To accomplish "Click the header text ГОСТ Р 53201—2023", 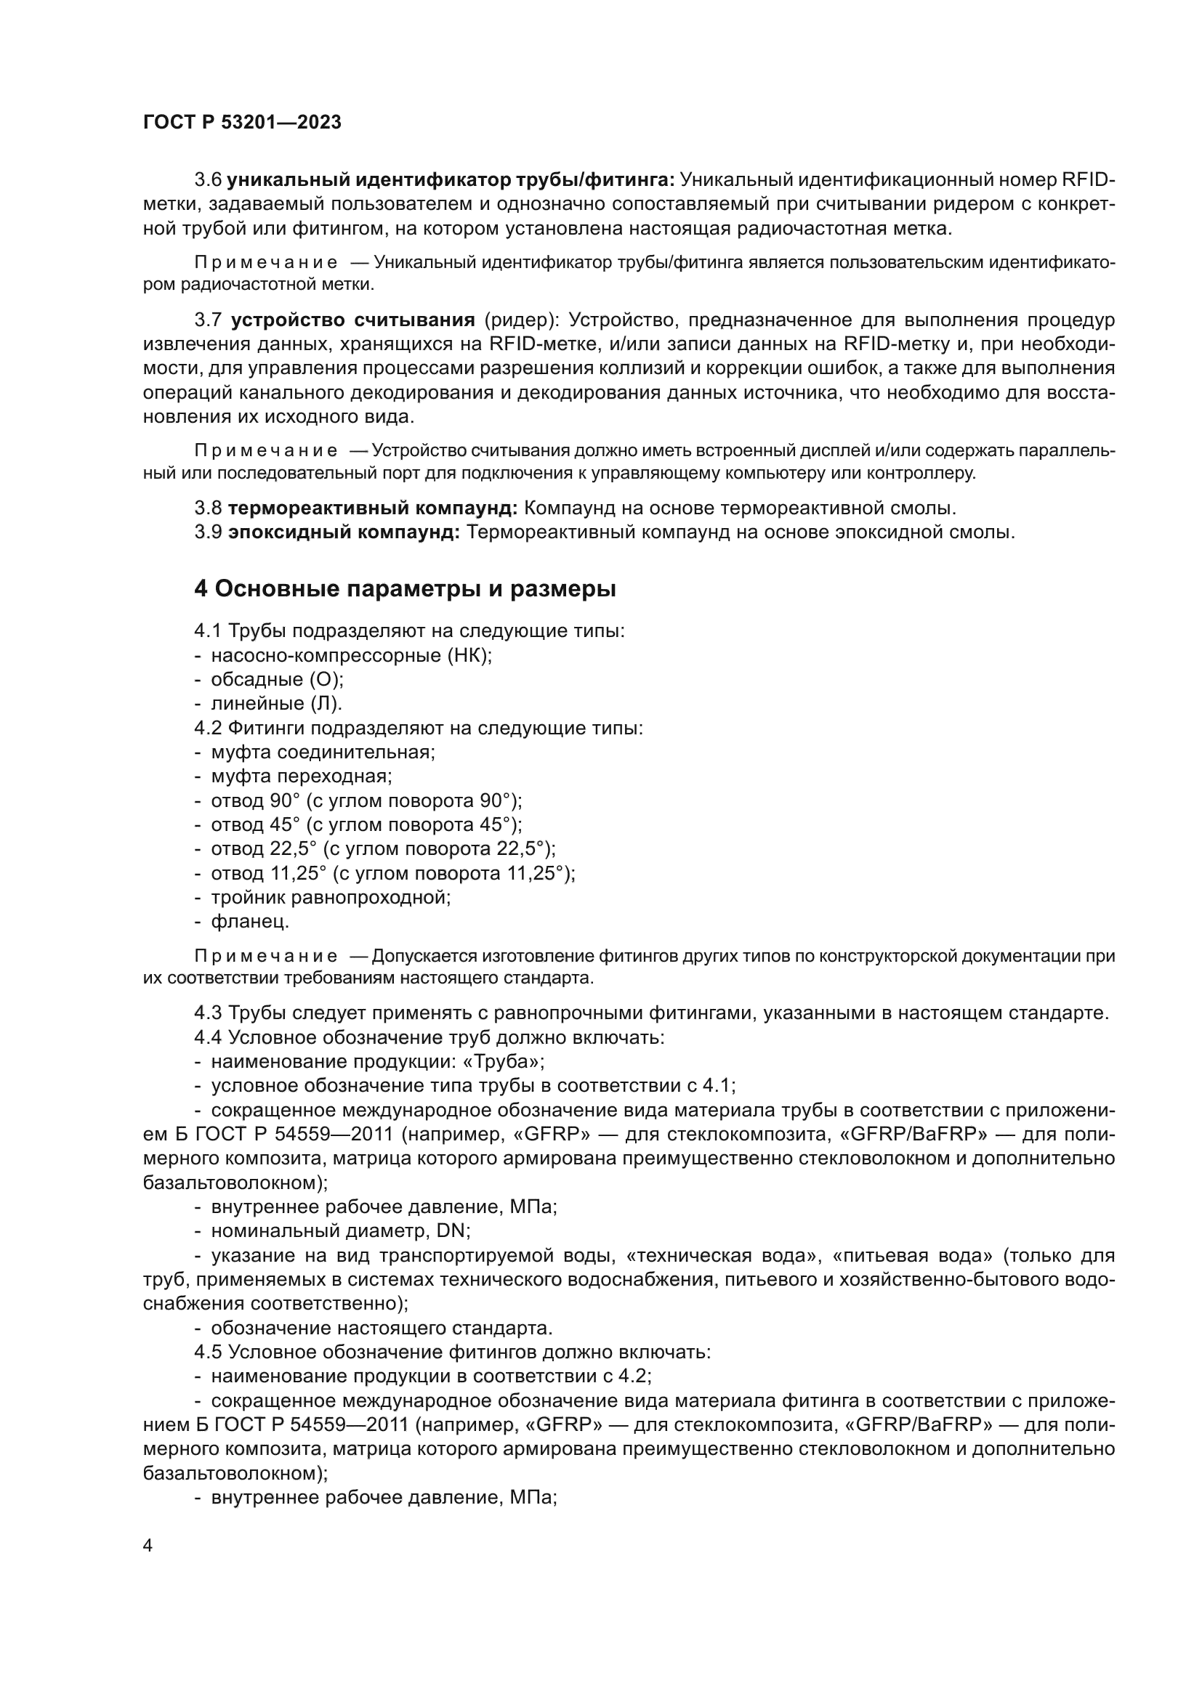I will tap(242, 123).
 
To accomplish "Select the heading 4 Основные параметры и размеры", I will tap(405, 589).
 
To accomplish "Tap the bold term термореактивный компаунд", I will tap(372, 508).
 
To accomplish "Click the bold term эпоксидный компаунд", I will tap(344, 532).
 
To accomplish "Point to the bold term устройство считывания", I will tap(352, 320).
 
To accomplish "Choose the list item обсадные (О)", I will tap(278, 679).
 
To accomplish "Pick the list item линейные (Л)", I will tap(277, 704).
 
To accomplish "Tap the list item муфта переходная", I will tap(302, 776).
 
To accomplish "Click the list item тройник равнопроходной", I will tap(331, 898).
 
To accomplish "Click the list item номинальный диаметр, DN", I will tap(340, 1230).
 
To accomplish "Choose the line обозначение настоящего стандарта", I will tap(382, 1329).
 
